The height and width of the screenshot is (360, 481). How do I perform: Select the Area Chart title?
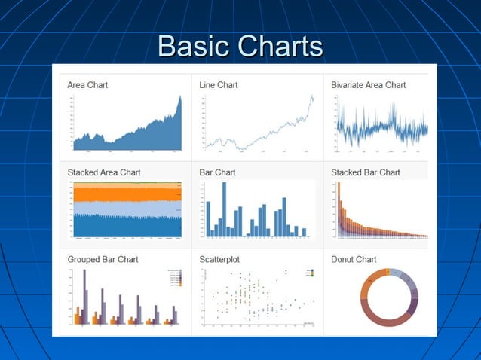(87, 85)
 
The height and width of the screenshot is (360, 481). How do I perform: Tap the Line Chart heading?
(219, 85)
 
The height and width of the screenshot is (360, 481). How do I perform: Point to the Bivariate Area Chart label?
(369, 85)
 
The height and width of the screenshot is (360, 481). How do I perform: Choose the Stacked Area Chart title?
(104, 172)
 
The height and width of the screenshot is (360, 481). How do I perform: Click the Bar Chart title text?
(217, 172)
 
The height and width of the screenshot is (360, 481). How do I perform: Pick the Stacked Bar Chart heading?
(366, 172)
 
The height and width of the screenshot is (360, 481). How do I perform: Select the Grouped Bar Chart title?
(103, 259)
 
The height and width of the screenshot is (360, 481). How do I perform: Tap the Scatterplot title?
(219, 259)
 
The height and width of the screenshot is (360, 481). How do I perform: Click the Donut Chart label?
(354, 259)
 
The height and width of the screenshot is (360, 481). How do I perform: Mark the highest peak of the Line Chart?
(311, 97)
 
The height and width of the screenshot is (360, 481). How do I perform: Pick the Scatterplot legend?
(310, 273)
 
